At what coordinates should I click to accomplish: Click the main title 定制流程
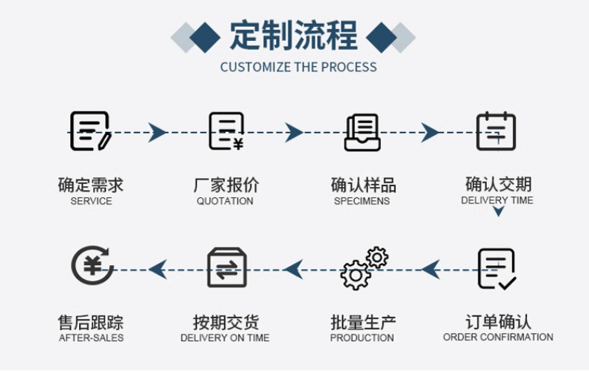(294, 35)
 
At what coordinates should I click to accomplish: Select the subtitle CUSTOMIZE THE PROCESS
(298, 67)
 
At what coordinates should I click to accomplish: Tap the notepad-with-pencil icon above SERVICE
(90, 131)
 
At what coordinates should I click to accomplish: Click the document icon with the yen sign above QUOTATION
(226, 131)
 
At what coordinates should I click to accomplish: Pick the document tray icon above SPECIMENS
(362, 132)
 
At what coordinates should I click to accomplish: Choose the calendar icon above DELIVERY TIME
(496, 131)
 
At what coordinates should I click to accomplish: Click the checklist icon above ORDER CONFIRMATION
(497, 268)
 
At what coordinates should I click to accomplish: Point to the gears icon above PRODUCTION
(364, 268)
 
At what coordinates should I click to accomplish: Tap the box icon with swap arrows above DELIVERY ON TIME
(227, 268)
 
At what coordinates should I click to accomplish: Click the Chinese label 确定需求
(91, 185)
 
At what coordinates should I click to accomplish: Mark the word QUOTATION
(225, 201)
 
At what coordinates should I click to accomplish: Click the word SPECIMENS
(362, 201)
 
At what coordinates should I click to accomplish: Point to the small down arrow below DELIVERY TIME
(498, 212)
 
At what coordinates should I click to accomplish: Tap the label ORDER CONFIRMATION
(498, 337)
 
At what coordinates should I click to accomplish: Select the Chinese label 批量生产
(363, 323)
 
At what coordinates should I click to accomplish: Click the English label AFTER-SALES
(91, 338)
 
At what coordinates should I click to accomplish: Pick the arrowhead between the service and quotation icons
(157, 133)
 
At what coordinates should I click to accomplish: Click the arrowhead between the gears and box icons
(293, 269)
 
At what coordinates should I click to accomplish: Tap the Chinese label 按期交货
(225, 323)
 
